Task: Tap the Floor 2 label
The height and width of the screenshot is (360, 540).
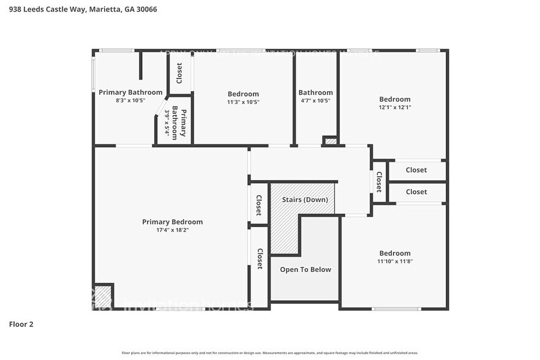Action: point(21,324)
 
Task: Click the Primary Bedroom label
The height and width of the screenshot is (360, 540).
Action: point(172,222)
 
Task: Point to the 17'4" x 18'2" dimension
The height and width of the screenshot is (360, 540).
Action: point(172,230)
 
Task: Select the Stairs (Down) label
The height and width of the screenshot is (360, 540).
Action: point(304,200)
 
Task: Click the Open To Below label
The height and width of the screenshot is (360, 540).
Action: point(305,269)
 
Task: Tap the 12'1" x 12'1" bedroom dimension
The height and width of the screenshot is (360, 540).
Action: point(394,108)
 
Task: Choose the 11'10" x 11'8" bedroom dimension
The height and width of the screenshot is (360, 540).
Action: point(394,261)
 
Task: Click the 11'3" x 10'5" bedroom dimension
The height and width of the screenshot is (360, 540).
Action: point(243,102)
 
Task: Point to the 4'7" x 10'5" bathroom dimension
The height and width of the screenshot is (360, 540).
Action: point(315,101)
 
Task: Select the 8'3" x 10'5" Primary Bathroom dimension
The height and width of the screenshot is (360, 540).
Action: point(130,101)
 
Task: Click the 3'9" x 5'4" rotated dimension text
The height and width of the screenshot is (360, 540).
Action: point(167,123)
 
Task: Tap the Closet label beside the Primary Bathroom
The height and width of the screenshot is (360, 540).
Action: point(179,73)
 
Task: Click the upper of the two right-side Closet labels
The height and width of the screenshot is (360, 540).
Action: point(416,170)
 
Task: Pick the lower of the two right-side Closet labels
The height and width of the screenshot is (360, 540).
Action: point(416,192)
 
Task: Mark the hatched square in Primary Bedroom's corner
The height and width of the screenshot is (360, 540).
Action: point(103,296)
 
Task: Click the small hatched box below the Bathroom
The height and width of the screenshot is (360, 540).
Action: point(330,141)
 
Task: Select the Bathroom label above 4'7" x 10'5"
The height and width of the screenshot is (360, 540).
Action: point(315,92)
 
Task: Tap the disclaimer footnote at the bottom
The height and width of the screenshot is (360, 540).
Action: point(270,353)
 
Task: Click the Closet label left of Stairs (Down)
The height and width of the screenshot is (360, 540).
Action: point(259,205)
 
